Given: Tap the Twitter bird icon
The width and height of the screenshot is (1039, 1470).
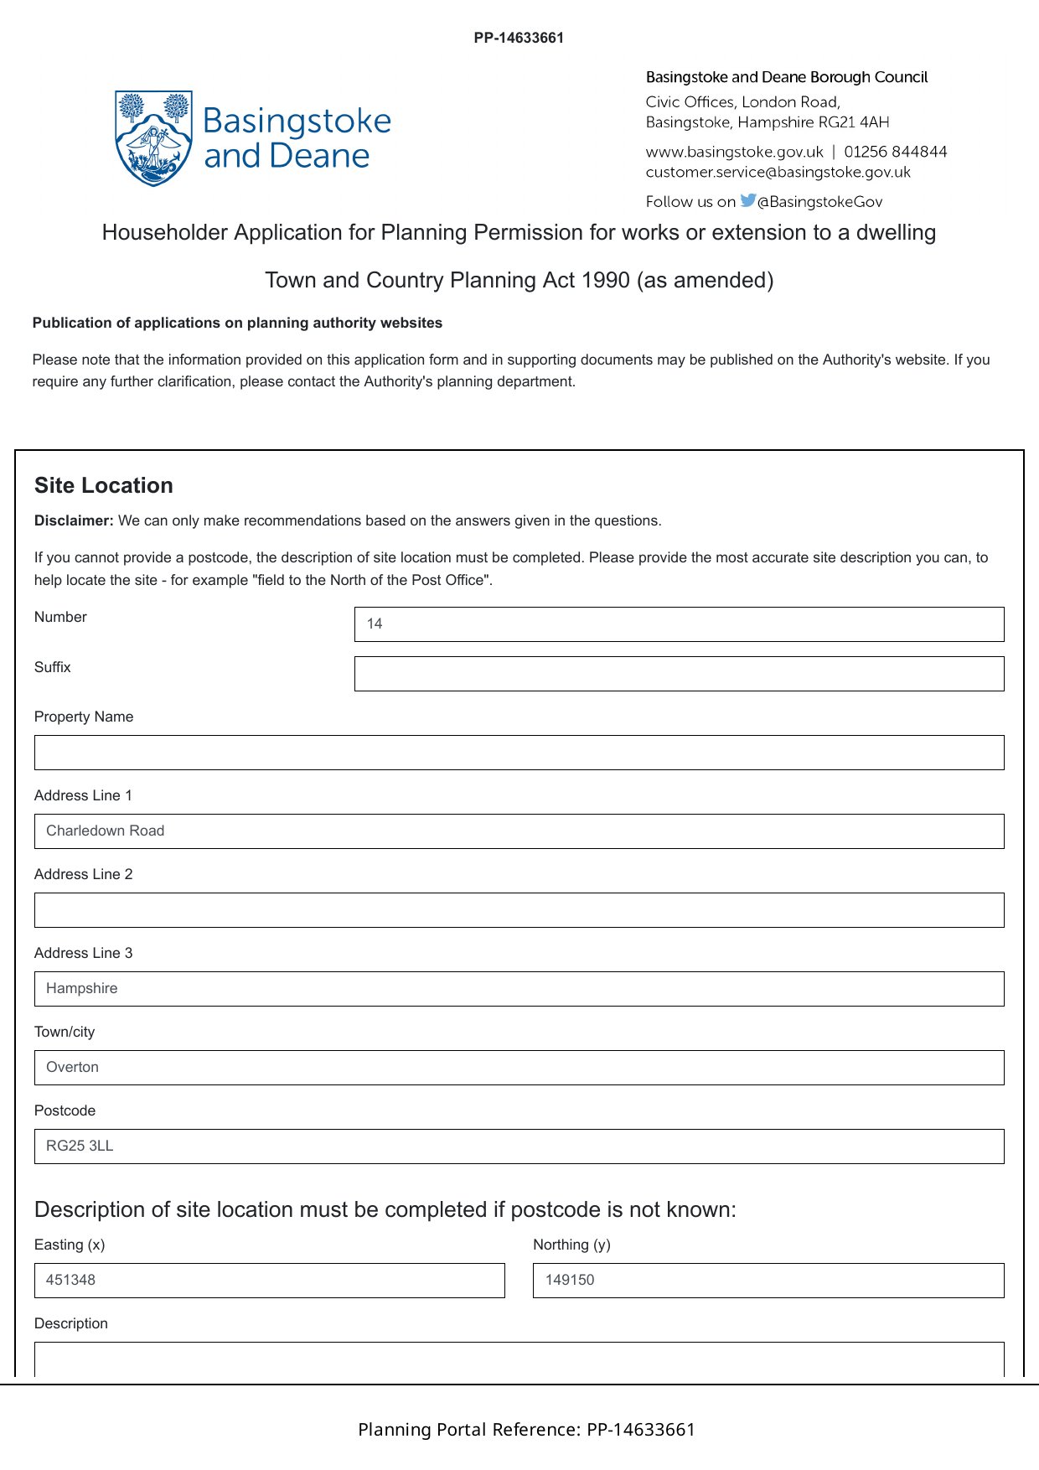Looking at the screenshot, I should pos(747,200).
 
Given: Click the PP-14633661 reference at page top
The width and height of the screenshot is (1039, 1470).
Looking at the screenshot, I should pos(519,38).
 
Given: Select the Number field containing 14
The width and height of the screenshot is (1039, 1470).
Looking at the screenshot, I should pos(679,624).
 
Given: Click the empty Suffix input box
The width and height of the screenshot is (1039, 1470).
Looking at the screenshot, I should pos(679,674).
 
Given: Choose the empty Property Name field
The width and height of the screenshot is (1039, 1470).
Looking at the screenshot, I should pos(519,753).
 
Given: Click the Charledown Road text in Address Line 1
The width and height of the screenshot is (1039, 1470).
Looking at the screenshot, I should pos(106,831).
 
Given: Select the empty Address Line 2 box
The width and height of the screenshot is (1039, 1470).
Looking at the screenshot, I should pos(519,910).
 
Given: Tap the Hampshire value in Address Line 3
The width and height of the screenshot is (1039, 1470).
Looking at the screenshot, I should pos(82,988).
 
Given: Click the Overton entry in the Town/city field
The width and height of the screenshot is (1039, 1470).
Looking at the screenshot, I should pos(73,1067).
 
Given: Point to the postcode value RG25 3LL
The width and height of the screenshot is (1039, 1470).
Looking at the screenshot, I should pos(80,1146).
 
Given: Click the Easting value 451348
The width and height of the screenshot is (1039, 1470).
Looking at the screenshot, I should pos(71,1280).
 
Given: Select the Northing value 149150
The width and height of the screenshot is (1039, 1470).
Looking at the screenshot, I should pos(570,1280).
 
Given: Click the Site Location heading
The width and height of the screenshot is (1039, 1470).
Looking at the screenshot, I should pos(104,485).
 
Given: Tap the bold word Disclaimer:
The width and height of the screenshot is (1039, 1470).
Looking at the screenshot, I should pos(74,520).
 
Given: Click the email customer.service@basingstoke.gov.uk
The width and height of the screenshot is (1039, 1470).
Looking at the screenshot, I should pos(778,172).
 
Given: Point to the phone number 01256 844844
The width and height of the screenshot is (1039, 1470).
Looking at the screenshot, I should pos(896,152).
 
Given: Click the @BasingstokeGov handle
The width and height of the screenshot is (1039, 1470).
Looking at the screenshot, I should pos(819,201).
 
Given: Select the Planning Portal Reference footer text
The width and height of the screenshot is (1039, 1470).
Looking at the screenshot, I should pos(526,1429).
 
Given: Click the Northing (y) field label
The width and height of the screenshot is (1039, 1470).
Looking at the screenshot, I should pos(571,1245).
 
